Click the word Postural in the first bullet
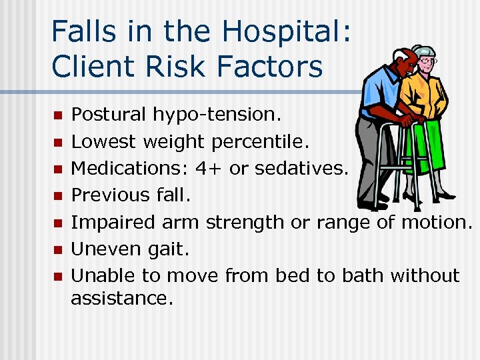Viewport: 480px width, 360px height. [108, 115]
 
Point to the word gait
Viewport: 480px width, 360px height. [167, 249]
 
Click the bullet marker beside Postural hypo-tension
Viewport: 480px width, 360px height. [57, 115]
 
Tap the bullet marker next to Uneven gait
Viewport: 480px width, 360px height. [57, 249]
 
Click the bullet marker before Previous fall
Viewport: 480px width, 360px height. [57, 195]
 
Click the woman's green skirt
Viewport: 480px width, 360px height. [433, 149]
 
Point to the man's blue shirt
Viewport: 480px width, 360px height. [377, 100]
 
